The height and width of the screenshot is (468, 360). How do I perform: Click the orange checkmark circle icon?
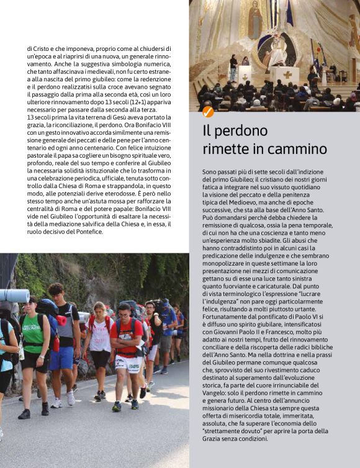tap(208, 112)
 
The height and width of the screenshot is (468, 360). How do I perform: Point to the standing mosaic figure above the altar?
tap(254, 24)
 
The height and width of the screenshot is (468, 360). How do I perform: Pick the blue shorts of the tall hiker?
tap(62, 358)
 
